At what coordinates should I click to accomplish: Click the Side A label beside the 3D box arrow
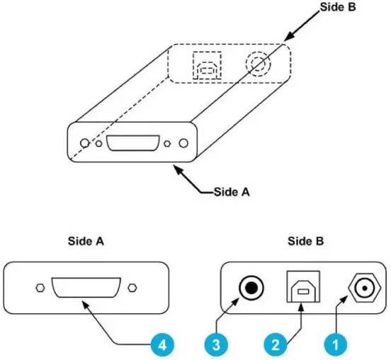pyautogui.click(x=231, y=191)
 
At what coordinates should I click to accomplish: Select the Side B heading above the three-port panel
pyautogui.click(x=306, y=242)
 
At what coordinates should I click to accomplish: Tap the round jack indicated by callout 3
pyautogui.click(x=251, y=288)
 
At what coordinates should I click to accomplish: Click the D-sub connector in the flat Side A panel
pyautogui.click(x=84, y=288)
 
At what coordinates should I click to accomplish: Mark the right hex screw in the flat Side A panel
pyautogui.click(x=132, y=288)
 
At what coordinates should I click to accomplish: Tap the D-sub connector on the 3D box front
pyautogui.click(x=132, y=143)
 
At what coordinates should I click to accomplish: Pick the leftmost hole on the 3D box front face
pyautogui.click(x=84, y=143)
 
